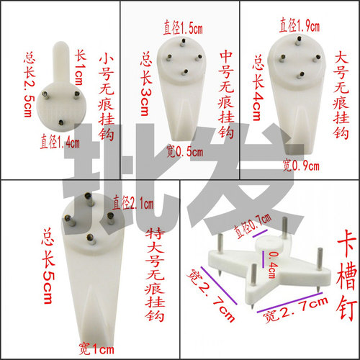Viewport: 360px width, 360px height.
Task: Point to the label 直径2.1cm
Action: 134,203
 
